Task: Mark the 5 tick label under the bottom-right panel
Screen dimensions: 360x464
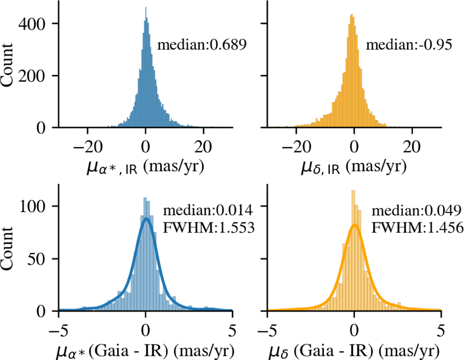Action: click(441, 326)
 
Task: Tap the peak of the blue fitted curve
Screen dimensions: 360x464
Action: click(146, 218)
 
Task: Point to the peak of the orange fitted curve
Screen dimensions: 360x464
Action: click(354, 224)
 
